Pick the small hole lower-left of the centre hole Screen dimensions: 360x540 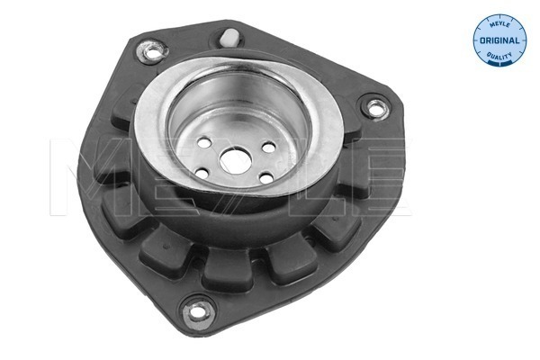[x=203, y=173]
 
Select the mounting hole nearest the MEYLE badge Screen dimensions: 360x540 [x=370, y=109]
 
